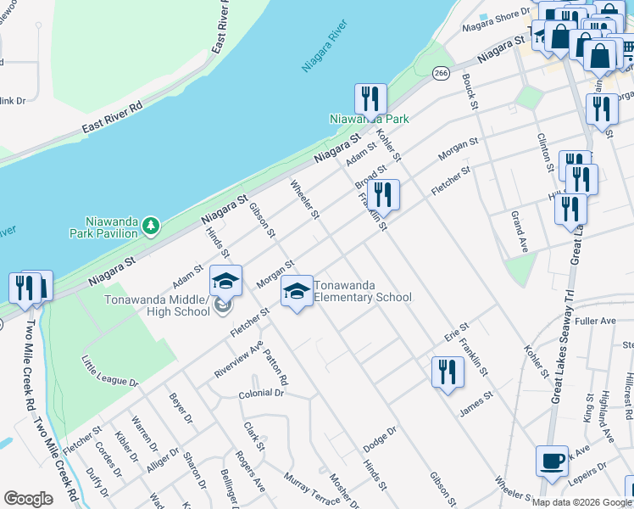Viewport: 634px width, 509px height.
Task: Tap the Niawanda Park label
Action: point(369,119)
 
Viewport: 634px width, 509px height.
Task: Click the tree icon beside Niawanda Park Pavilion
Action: point(151,226)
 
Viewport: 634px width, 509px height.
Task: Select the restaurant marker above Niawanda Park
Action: point(370,99)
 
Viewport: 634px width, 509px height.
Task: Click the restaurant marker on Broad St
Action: point(383,194)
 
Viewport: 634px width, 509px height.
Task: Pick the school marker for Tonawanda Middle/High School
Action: point(225,282)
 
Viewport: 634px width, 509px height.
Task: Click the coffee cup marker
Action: point(552,462)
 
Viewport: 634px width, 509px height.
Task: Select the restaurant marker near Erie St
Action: point(446,372)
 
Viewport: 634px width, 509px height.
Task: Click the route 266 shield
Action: point(440,74)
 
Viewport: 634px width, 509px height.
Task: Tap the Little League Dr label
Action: point(109,372)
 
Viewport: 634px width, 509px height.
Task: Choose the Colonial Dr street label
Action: point(260,394)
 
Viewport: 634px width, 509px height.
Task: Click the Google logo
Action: point(28,499)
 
